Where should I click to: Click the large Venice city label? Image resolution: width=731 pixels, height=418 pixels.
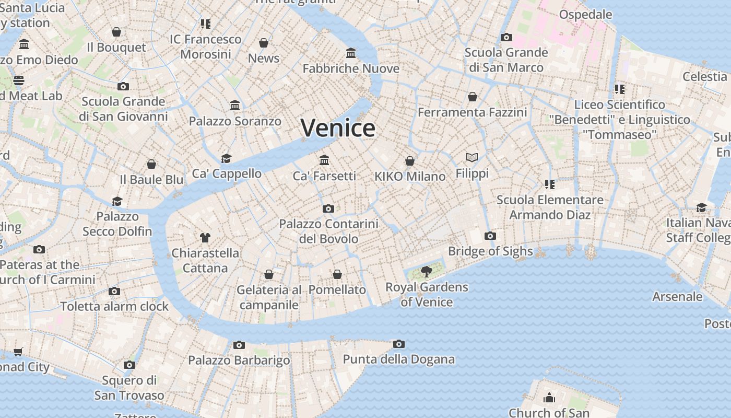(x=338, y=128)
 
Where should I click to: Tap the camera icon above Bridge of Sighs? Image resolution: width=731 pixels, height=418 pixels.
(x=490, y=236)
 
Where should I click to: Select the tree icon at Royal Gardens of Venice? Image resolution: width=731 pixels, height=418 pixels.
(x=427, y=271)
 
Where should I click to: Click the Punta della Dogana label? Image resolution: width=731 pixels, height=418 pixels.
(x=398, y=359)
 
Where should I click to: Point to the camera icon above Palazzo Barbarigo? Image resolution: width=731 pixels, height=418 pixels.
(x=239, y=345)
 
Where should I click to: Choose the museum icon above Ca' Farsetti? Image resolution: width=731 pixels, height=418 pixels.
(x=324, y=160)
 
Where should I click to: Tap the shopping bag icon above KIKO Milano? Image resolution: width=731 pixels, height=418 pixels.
(x=410, y=161)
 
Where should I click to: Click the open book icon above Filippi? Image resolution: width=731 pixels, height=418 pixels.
(x=472, y=157)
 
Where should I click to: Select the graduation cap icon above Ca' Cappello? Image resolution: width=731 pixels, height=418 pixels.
(x=226, y=158)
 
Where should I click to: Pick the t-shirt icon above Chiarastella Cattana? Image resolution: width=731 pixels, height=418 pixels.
(x=205, y=238)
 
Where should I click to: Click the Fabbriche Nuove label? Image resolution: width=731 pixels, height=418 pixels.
(x=351, y=68)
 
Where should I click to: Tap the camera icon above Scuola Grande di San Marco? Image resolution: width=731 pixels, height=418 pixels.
(x=506, y=37)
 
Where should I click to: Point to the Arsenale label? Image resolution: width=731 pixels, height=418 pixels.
(x=677, y=297)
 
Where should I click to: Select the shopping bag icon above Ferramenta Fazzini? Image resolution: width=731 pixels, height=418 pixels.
(x=472, y=97)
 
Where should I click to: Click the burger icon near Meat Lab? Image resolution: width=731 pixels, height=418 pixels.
(x=19, y=80)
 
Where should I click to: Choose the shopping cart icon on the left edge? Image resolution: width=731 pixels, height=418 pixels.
(x=18, y=352)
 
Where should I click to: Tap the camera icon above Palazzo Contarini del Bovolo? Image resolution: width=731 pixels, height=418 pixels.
(x=328, y=208)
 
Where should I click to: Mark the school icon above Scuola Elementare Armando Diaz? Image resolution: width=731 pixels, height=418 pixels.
(x=549, y=184)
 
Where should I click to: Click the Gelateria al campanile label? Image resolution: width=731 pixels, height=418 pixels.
(x=269, y=297)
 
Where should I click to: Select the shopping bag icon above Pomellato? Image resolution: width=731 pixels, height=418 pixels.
(x=337, y=274)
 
